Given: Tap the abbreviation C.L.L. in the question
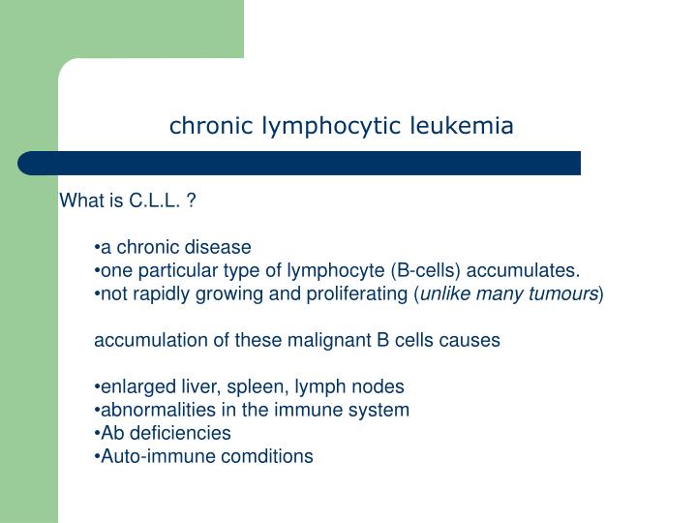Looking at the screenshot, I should [x=155, y=201].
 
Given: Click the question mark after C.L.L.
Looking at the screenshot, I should [x=193, y=201].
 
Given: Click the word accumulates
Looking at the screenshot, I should [x=530, y=269].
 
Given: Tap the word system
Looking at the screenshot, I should [x=383, y=410].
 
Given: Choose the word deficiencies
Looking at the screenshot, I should [x=177, y=433].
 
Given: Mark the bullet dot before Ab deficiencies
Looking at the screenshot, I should [x=98, y=433].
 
